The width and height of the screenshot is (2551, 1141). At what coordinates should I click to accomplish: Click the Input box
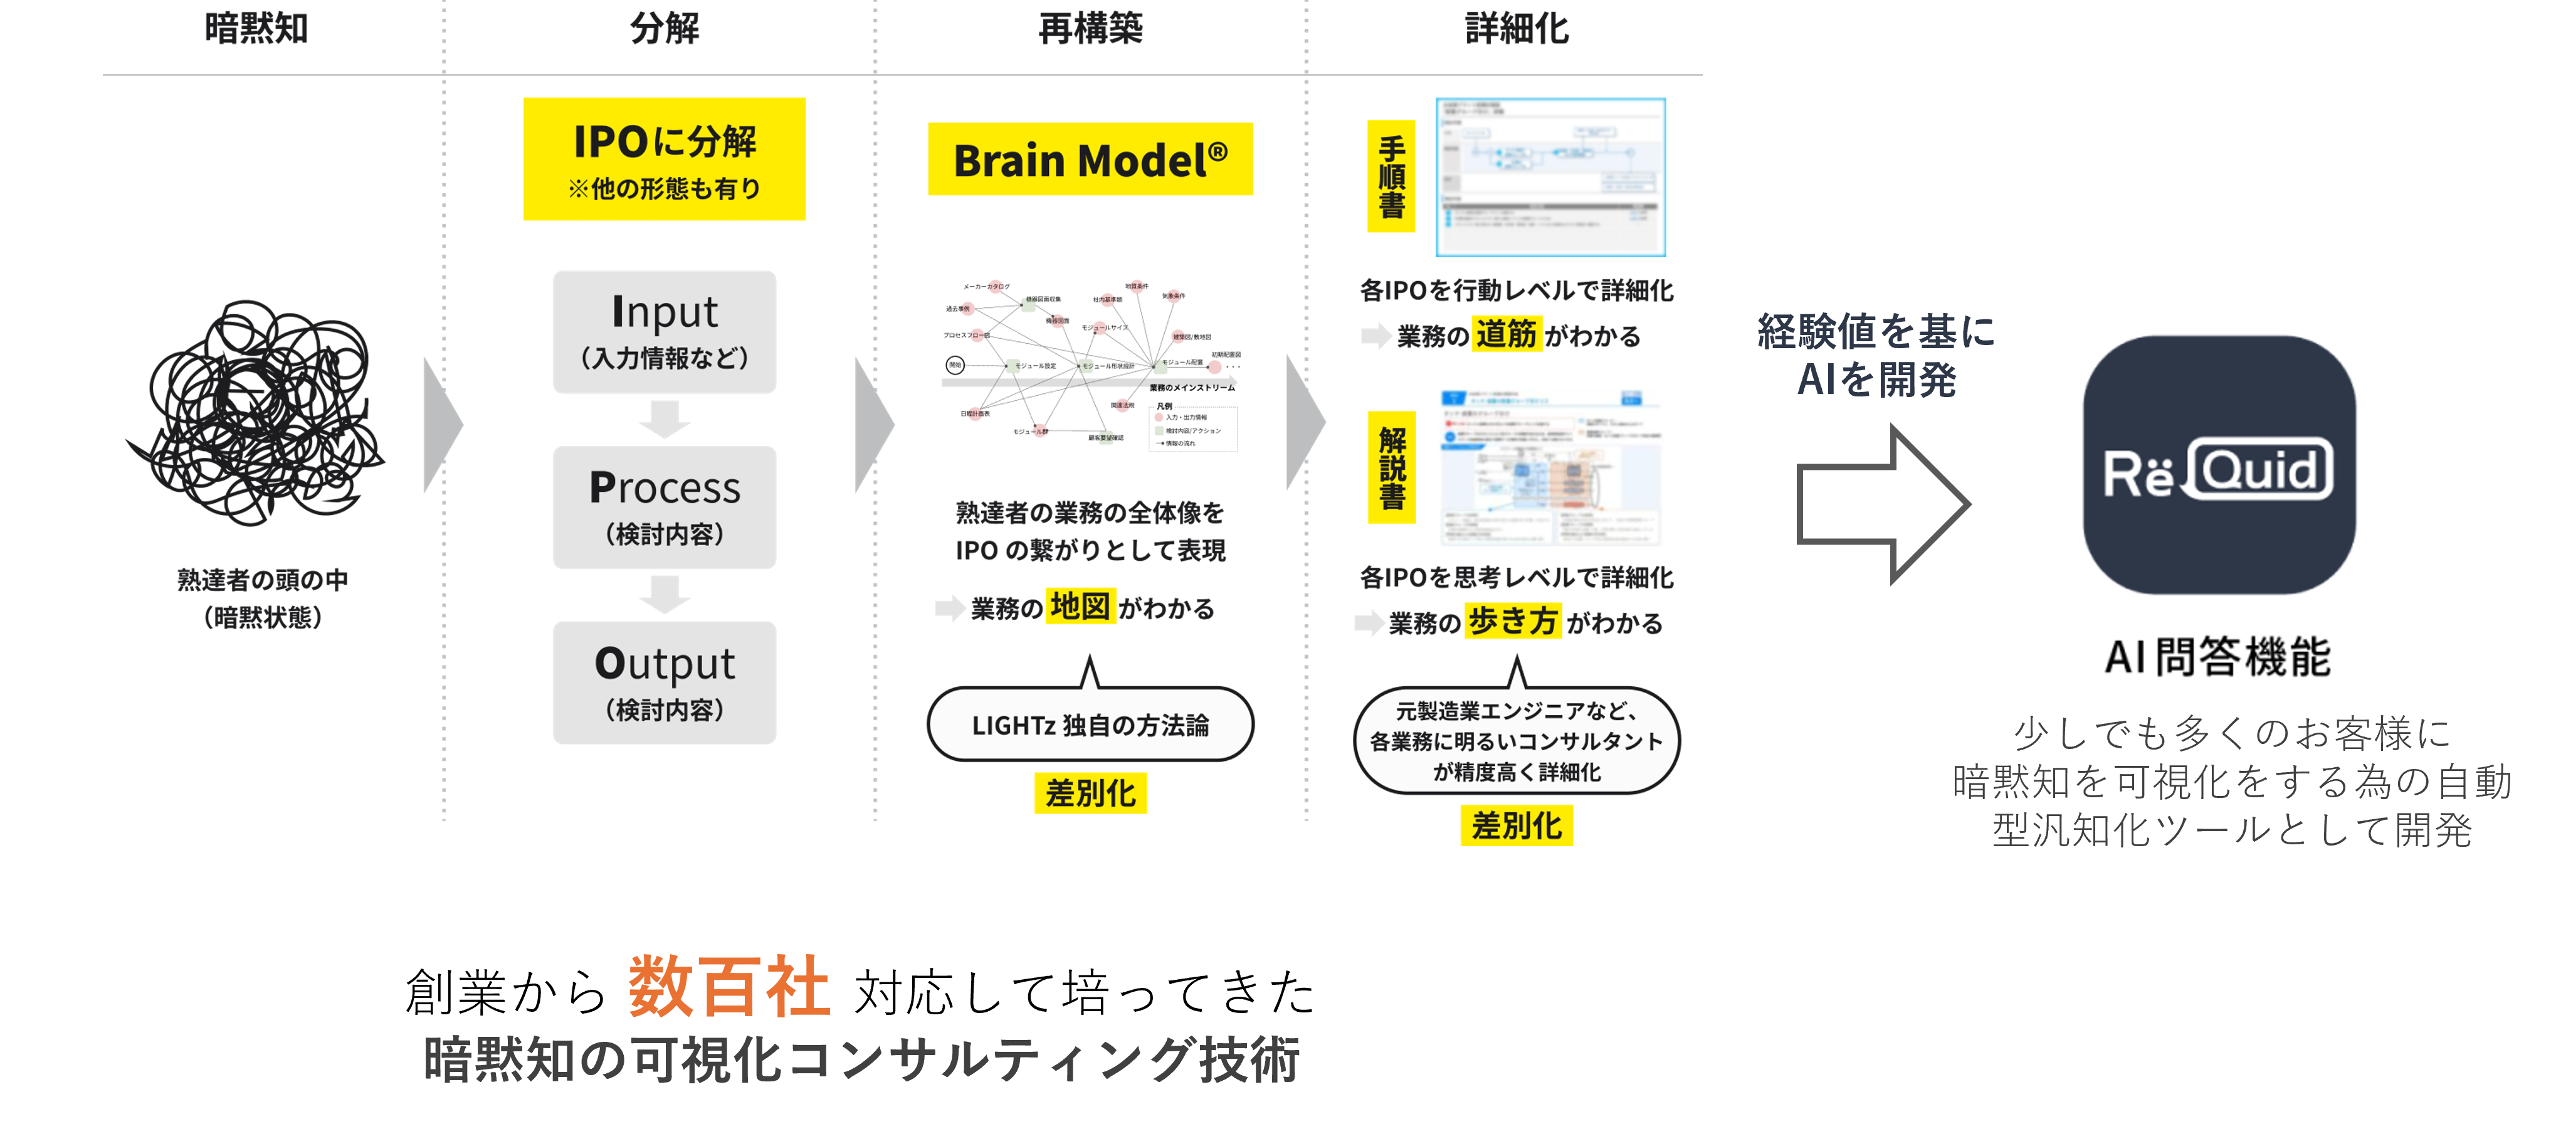pos(665,332)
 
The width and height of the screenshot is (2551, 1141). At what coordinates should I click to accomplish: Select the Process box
pos(665,507)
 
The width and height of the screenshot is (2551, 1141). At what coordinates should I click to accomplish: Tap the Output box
pos(665,682)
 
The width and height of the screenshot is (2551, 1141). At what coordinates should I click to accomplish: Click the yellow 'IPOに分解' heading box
pos(665,159)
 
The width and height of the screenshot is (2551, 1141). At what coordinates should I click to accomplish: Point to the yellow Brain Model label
pos(1090,159)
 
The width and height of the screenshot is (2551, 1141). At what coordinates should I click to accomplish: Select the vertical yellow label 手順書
pos(1391,176)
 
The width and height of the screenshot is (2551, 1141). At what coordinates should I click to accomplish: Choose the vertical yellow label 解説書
pos(1391,467)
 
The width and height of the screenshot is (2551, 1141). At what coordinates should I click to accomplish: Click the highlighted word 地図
pos(1080,606)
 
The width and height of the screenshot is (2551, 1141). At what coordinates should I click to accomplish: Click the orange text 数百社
pos(729,987)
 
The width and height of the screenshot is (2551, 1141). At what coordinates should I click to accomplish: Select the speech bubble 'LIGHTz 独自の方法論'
pos(1090,725)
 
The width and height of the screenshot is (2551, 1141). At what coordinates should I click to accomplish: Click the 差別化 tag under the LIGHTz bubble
pos(1090,793)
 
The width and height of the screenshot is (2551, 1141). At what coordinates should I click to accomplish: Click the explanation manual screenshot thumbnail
pos(1552,467)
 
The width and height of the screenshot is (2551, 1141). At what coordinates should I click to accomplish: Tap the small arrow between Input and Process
pos(665,419)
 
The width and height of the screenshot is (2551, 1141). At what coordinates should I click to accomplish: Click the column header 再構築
pos(1090,28)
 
